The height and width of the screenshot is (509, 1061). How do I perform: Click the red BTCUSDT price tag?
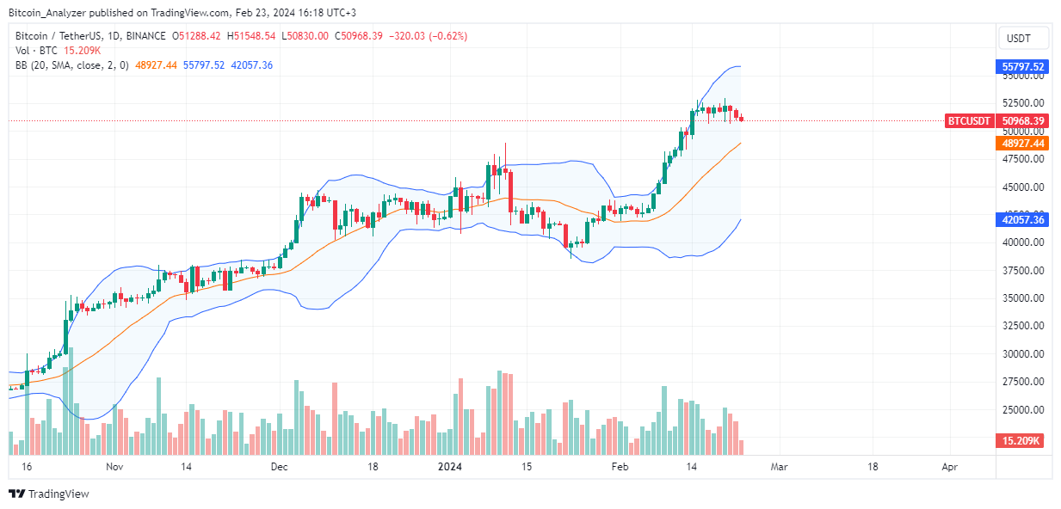pos(971,121)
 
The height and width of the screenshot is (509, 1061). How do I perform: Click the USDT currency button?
pos(1024,38)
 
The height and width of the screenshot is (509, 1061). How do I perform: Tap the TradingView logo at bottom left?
pos(49,494)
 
